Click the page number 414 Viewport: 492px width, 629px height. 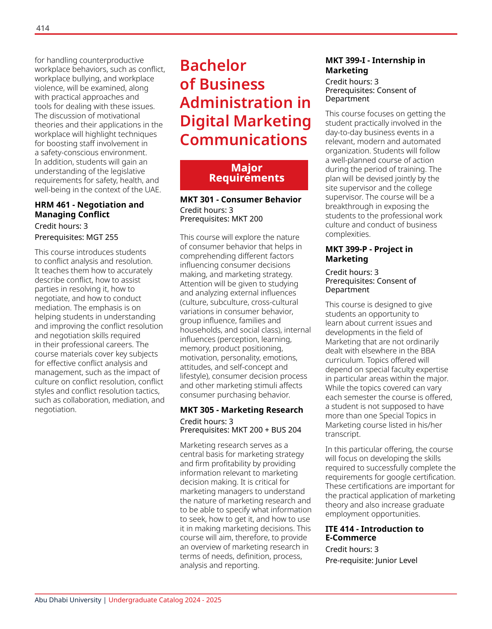43,28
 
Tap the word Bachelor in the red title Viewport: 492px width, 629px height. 213,66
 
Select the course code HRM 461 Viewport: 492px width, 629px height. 52,205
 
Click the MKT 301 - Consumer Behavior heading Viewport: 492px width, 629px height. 240,200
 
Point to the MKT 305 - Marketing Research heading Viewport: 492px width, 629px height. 241,410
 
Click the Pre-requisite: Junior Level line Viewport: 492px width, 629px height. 371,561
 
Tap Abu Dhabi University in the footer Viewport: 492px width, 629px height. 68,600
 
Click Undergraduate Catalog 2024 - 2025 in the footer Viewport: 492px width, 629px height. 165,600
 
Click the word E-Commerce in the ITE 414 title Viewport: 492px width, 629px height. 350,538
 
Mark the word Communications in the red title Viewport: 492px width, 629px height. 244,140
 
